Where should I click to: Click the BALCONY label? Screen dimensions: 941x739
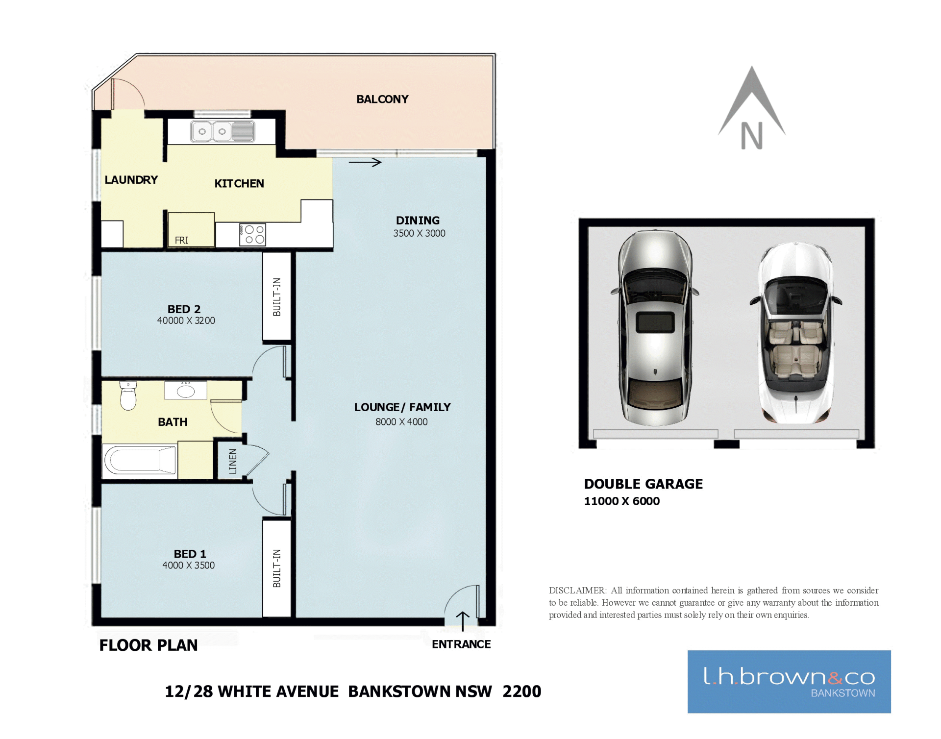tap(382, 99)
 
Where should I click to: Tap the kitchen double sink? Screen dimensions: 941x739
tap(223, 131)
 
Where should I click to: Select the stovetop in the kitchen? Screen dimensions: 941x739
tap(252, 235)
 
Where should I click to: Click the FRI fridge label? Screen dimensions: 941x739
tap(181, 240)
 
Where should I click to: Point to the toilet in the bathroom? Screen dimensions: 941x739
tap(128, 395)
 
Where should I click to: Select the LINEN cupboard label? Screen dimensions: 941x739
tap(233, 461)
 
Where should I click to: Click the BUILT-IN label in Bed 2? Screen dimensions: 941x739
tap(277, 296)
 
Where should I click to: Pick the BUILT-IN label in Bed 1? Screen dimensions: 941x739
tap(277, 568)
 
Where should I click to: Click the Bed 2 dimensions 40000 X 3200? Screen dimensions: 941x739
tap(186, 320)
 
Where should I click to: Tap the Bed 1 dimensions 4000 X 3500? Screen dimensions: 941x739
tap(189, 565)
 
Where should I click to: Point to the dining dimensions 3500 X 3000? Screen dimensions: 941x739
tap(419, 233)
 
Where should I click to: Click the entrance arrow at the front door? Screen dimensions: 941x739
tap(463, 621)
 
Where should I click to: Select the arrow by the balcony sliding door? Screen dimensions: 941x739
tap(365, 162)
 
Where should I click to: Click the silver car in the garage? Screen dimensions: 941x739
tap(655, 327)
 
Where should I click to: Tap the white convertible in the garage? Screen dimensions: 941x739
tap(796, 332)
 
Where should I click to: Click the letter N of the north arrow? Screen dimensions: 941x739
tap(752, 136)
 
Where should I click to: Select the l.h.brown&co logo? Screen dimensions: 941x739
tap(789, 682)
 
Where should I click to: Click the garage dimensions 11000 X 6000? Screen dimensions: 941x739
tap(622, 501)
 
